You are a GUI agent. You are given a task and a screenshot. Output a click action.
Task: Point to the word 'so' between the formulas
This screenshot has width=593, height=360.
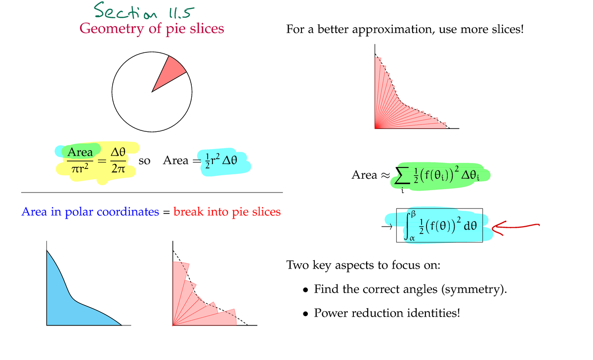[145, 160]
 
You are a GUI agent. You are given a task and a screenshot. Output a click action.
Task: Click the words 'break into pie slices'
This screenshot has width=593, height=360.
[227, 212]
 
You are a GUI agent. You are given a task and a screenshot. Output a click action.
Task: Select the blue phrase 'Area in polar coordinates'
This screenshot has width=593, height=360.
[90, 212]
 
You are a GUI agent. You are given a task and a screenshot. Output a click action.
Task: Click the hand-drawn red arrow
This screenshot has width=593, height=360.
[514, 227]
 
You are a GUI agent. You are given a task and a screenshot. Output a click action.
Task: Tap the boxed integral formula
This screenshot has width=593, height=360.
[439, 225]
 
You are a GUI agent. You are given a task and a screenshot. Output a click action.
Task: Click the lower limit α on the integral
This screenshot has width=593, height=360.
[411, 238]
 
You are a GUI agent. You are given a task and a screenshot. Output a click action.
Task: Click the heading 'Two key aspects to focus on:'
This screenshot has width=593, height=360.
[363, 265]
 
